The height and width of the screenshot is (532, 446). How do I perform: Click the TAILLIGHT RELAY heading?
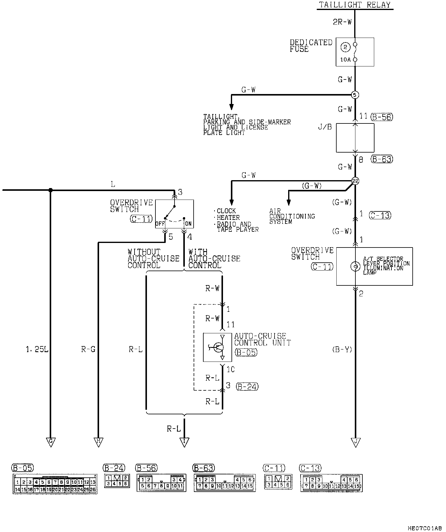[355, 5]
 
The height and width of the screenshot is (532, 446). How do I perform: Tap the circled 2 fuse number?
[346, 47]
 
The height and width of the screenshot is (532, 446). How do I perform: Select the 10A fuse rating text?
[345, 60]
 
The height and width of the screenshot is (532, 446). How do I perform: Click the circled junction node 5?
[355, 95]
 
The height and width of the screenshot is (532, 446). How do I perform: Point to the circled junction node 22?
[355, 181]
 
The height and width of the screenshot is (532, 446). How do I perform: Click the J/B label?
[325, 127]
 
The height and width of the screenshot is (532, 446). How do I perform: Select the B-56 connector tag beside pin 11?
[382, 117]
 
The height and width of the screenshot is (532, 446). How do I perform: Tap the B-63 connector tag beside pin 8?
[382, 159]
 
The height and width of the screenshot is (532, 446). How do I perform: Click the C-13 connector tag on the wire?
[380, 215]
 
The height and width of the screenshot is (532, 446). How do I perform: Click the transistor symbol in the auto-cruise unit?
[217, 347]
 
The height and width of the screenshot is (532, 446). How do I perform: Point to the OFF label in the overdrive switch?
[160, 224]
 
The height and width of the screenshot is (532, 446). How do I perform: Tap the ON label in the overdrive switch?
[188, 224]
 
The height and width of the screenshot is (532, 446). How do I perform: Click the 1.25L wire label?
[37, 350]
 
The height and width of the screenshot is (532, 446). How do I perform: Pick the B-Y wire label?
[342, 350]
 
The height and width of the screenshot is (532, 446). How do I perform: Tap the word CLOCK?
[226, 211]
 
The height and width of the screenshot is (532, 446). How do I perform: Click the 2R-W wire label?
[342, 22]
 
